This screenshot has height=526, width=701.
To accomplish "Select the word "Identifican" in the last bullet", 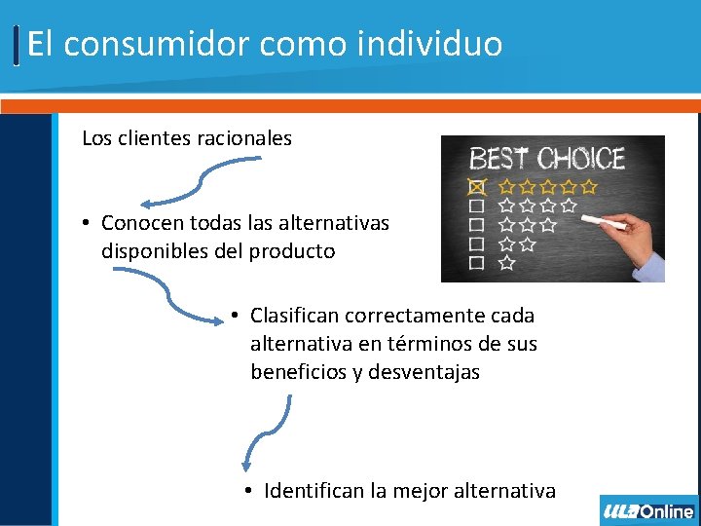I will pyautogui.click(x=314, y=491).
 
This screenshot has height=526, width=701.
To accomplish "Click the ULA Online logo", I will pyautogui.click(x=648, y=510).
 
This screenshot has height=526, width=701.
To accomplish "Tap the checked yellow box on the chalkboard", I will pyautogui.click(x=476, y=185).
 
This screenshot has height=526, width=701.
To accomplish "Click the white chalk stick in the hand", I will pyautogui.click(x=603, y=224).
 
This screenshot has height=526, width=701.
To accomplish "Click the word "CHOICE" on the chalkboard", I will pyautogui.click(x=581, y=159).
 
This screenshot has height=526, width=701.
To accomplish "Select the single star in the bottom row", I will pyautogui.click(x=506, y=263).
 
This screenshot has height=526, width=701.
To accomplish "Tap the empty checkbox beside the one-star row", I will pyautogui.click(x=476, y=263).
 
